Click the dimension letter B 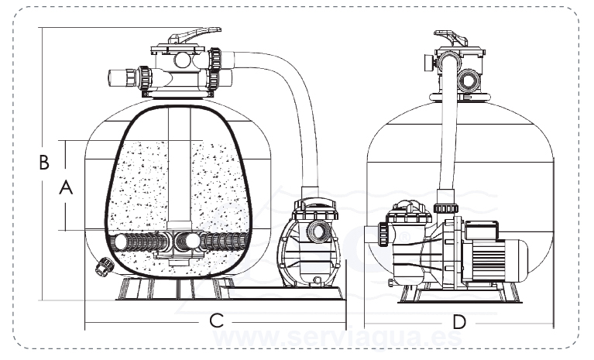[44, 163]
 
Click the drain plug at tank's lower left [101, 267]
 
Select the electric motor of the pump [496, 256]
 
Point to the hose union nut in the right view [444, 207]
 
